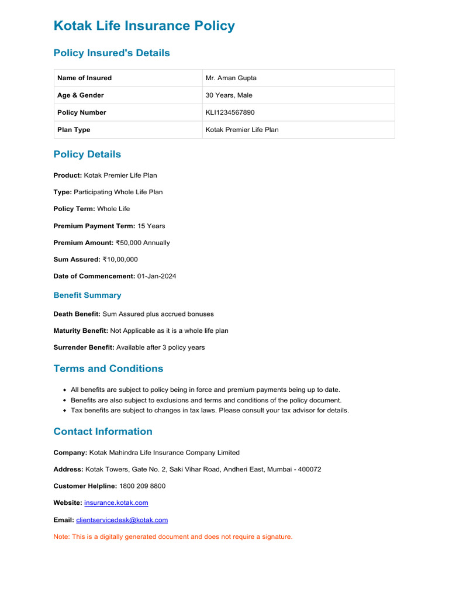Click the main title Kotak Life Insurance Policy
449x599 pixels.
pyautogui.click(x=144, y=26)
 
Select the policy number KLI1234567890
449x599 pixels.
pyautogui.click(x=230, y=112)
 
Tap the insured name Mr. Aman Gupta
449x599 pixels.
pyautogui.click(x=231, y=78)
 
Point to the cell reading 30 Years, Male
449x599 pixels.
pyautogui.click(x=229, y=95)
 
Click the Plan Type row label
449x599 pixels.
pyautogui.click(x=74, y=130)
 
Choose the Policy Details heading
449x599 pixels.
pyautogui.click(x=87, y=154)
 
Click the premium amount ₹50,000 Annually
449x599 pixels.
pyautogui.click(x=143, y=243)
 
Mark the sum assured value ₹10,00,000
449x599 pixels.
pyautogui.click(x=120, y=259)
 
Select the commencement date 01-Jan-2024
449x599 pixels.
pyautogui.click(x=157, y=276)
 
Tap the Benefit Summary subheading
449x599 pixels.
pyautogui.click(x=87, y=295)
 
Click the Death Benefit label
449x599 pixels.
pyautogui.click(x=77, y=314)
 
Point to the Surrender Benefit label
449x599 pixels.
pyautogui.click(x=84, y=347)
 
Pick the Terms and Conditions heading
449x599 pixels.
pyautogui.click(x=108, y=369)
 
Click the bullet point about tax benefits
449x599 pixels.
pyautogui.click(x=209, y=410)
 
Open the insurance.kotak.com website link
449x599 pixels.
pyautogui.click(x=116, y=502)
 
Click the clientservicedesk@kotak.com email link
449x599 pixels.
pyautogui.click(x=122, y=519)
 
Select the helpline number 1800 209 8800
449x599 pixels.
pyautogui.click(x=142, y=486)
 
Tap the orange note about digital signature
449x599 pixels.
pyautogui.click(x=172, y=536)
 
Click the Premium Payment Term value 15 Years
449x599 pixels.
pyautogui.click(x=151, y=226)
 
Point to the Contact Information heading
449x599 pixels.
pyautogui.click(x=103, y=432)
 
